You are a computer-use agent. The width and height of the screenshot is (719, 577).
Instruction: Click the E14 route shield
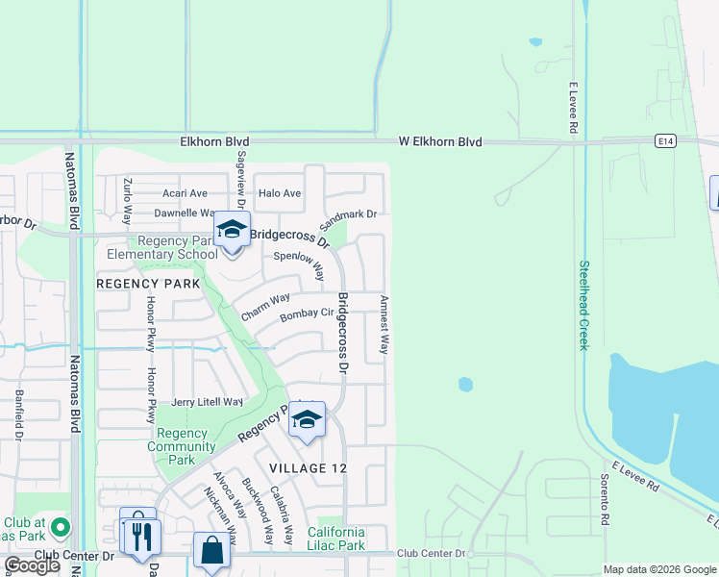(666, 141)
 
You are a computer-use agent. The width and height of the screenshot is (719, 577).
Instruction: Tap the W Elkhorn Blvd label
(440, 141)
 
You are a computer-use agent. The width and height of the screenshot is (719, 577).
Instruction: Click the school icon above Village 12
(307, 420)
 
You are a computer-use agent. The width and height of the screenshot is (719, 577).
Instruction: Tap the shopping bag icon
(212, 551)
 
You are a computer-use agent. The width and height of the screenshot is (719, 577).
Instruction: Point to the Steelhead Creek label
(583, 305)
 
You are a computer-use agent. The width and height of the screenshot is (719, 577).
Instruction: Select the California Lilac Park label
(336, 539)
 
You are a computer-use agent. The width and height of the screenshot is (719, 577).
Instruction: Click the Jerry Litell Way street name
(207, 402)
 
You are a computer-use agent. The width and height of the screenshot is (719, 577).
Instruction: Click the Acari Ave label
(185, 193)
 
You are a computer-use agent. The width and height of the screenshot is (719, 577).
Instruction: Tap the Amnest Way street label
(384, 325)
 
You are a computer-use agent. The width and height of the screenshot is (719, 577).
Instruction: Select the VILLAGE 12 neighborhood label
(307, 467)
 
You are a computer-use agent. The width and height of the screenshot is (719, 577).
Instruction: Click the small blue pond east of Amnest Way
(465, 385)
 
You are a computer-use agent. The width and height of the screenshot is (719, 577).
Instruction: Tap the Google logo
(33, 565)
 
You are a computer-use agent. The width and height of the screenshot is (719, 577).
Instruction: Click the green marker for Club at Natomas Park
(61, 527)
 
